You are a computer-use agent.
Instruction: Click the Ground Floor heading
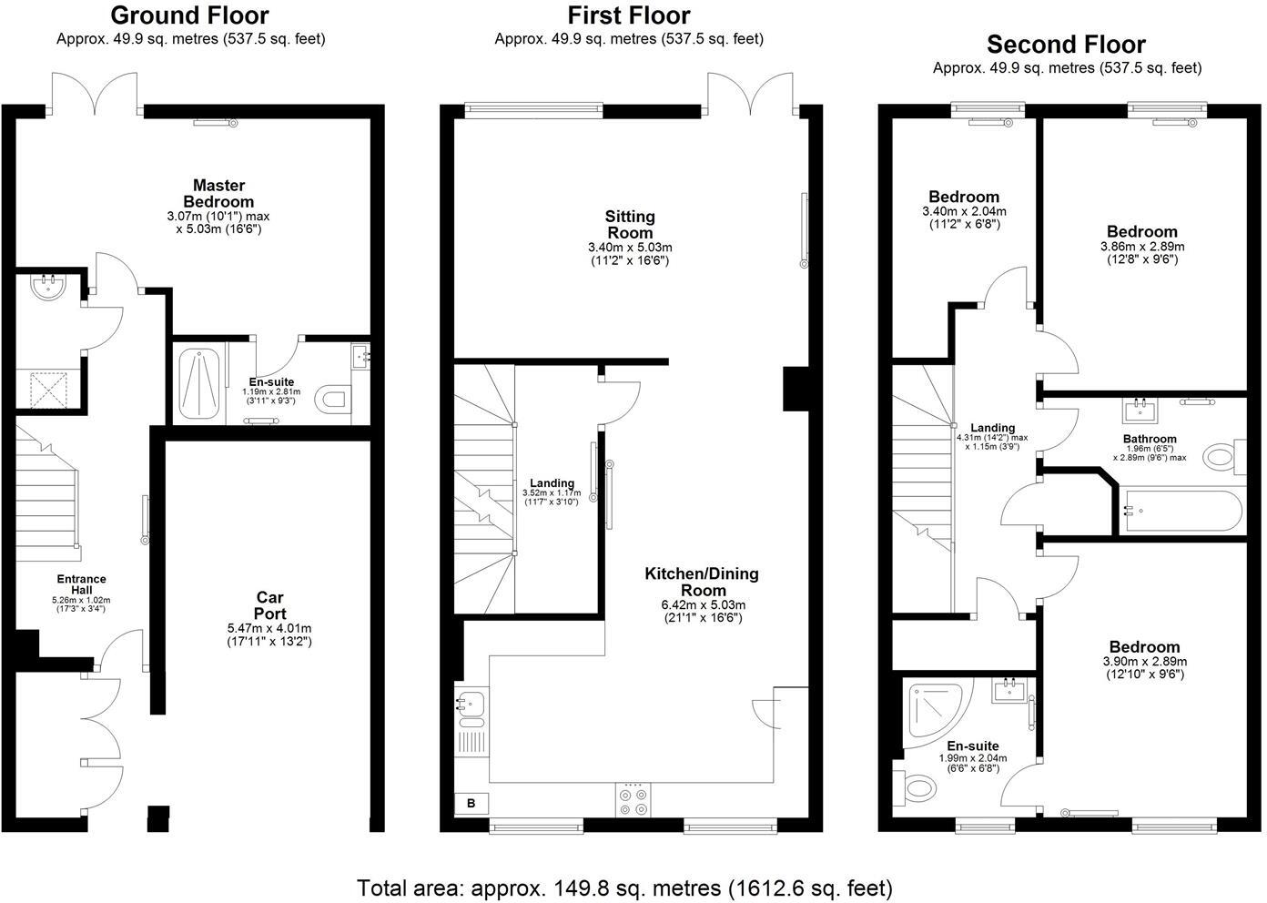tap(189, 15)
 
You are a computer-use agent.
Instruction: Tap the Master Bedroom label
tap(218, 194)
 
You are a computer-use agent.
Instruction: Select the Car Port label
tap(269, 605)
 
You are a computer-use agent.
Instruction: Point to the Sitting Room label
tap(630, 224)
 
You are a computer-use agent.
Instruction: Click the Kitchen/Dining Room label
tap(701, 582)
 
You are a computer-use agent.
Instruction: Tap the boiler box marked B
tap(471, 803)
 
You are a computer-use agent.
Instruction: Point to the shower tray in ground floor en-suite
tap(199, 385)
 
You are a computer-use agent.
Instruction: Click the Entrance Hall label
tap(82, 584)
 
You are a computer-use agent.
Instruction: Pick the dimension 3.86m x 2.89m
tap(1141, 246)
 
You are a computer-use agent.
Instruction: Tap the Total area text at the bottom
tap(624, 888)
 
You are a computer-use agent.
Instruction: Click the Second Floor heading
tap(1066, 44)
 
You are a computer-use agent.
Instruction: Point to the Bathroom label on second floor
tap(1150, 439)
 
